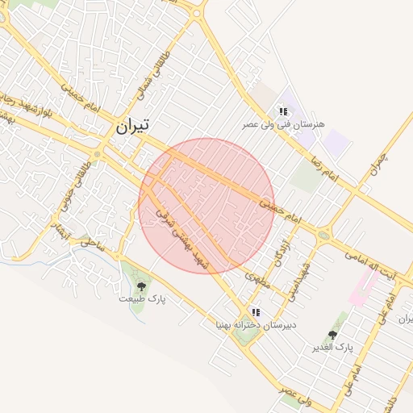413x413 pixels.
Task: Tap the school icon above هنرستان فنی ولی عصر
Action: [283, 111]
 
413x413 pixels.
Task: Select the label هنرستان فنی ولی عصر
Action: [285, 125]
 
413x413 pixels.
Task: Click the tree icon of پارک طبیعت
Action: [142, 286]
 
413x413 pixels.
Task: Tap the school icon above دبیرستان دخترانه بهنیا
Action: [256, 312]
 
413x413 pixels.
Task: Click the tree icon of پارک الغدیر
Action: [332, 335]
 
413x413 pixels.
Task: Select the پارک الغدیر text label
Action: [333, 348]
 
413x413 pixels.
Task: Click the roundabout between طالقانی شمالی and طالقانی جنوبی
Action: [98, 153]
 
